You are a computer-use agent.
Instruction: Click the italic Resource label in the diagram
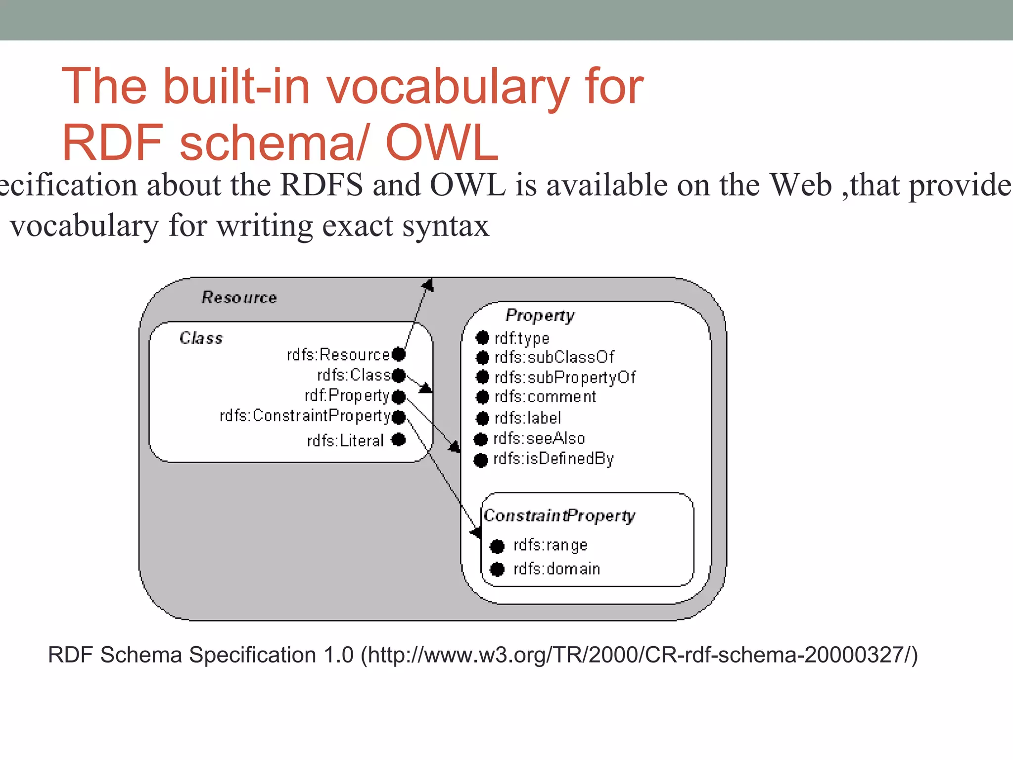click(239, 297)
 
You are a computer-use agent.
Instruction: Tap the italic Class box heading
click(201, 338)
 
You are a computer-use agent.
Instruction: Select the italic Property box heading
click(540, 315)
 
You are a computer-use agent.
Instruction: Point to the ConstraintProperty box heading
click(559, 516)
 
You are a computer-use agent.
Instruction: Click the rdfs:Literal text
click(345, 440)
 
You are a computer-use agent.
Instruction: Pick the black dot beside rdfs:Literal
click(399, 439)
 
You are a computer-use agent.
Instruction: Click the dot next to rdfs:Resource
click(399, 354)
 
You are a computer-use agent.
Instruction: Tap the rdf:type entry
click(522, 338)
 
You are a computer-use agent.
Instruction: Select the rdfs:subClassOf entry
click(554, 357)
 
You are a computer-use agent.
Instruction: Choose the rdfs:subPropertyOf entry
click(565, 378)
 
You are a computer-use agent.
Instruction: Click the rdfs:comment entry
click(545, 397)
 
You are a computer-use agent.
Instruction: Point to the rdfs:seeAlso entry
click(539, 438)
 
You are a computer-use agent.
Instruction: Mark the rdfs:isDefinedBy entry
click(553, 459)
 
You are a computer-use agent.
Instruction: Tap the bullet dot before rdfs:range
click(497, 546)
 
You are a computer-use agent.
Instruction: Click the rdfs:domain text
click(556, 569)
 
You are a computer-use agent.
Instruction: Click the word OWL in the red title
click(442, 142)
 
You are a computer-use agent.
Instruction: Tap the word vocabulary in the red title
click(447, 87)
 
